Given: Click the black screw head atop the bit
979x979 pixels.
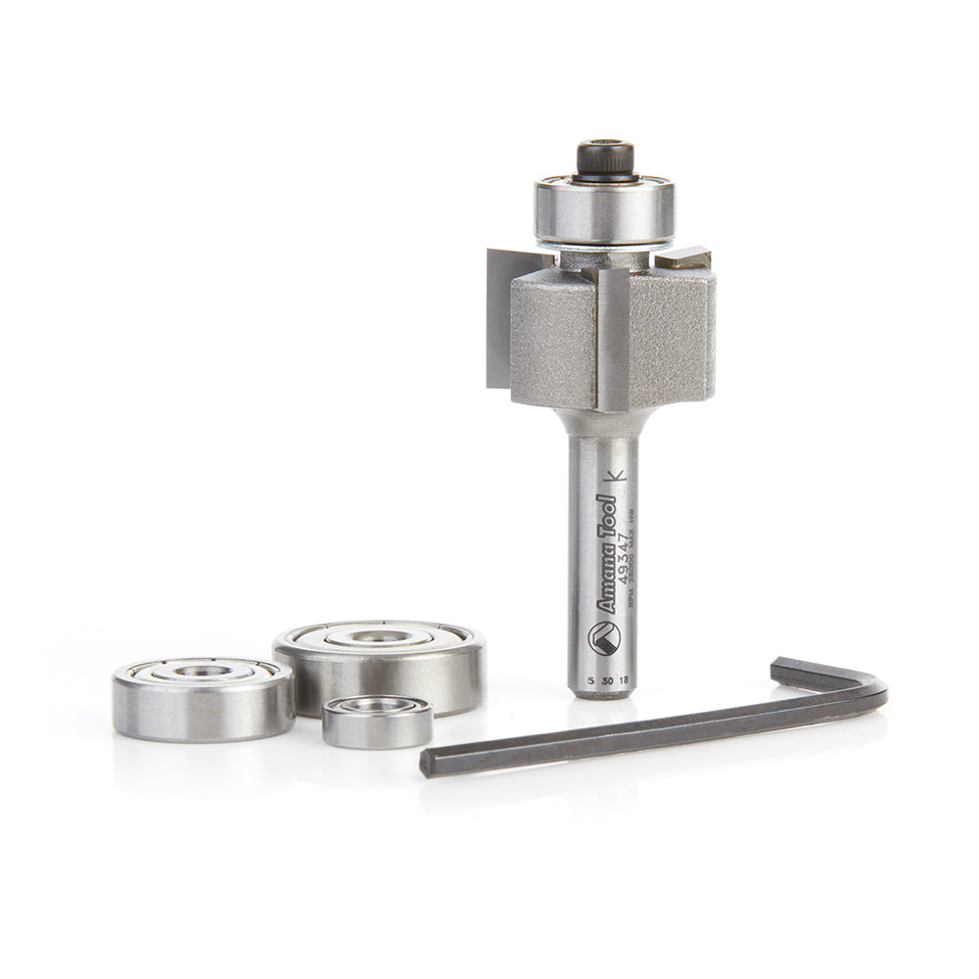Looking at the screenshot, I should point(604,157).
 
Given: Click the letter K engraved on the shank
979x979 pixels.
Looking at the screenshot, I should point(616,477).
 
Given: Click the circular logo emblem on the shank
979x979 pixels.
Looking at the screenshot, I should point(603,638).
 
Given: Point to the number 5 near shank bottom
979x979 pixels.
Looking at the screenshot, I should point(587,677).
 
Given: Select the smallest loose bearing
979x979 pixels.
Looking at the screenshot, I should point(378,721).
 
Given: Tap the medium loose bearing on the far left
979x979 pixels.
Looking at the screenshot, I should point(204,696).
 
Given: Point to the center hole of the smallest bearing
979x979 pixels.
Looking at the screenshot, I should point(378,705).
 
